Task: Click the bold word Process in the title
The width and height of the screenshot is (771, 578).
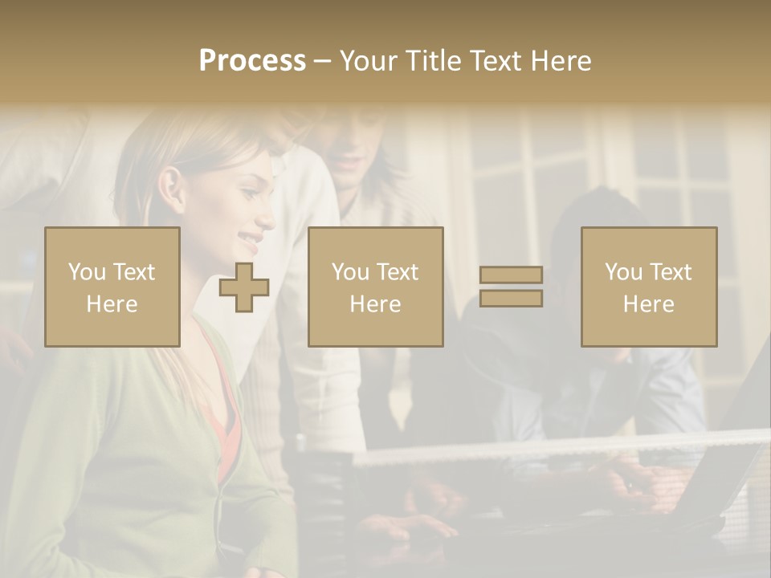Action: click(x=252, y=61)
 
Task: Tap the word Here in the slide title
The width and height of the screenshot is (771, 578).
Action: click(x=560, y=61)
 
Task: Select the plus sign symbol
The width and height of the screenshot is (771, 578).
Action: click(x=244, y=287)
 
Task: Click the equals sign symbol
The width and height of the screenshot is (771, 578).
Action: click(x=511, y=287)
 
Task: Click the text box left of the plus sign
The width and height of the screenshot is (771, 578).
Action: click(x=112, y=287)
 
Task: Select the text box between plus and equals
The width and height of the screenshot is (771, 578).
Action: click(x=375, y=287)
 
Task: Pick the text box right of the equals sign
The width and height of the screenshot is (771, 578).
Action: click(x=648, y=287)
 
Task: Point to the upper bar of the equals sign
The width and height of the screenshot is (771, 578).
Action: click(x=511, y=275)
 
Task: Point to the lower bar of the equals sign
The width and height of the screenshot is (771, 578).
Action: click(x=511, y=298)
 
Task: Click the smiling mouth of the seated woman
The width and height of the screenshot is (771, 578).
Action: click(x=251, y=238)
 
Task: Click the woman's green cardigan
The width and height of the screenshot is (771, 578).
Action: click(x=120, y=450)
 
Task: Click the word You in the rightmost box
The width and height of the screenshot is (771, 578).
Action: click(x=623, y=272)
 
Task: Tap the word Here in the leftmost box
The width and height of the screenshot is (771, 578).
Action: click(x=112, y=303)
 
